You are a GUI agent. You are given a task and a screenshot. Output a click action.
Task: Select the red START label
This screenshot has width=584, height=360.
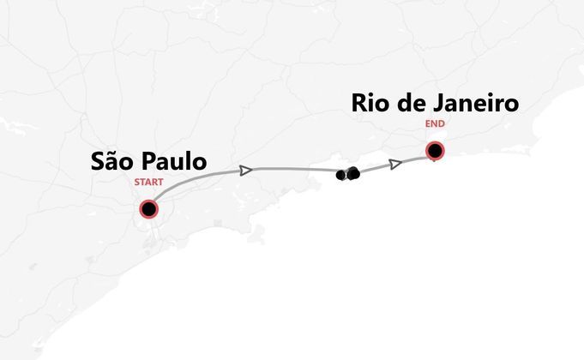[148, 183]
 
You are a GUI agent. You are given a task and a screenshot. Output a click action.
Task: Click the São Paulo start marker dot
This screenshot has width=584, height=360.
[149, 209]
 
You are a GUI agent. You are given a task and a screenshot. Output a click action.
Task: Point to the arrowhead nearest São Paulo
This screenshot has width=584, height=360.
[246, 171]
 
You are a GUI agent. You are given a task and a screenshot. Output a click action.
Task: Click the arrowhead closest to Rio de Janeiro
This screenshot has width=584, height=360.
[395, 164]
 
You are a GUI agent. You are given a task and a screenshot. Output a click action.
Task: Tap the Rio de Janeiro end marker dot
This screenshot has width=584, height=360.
[436, 152]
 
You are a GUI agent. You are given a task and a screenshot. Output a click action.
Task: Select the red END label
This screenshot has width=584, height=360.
[436, 123]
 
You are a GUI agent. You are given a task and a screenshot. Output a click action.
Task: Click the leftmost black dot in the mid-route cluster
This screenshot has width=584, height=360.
[341, 175]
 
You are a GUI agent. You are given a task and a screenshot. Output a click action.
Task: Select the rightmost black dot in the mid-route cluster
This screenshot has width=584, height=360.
[353, 173]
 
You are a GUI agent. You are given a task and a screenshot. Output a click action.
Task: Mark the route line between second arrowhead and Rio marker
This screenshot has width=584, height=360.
[416, 158]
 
